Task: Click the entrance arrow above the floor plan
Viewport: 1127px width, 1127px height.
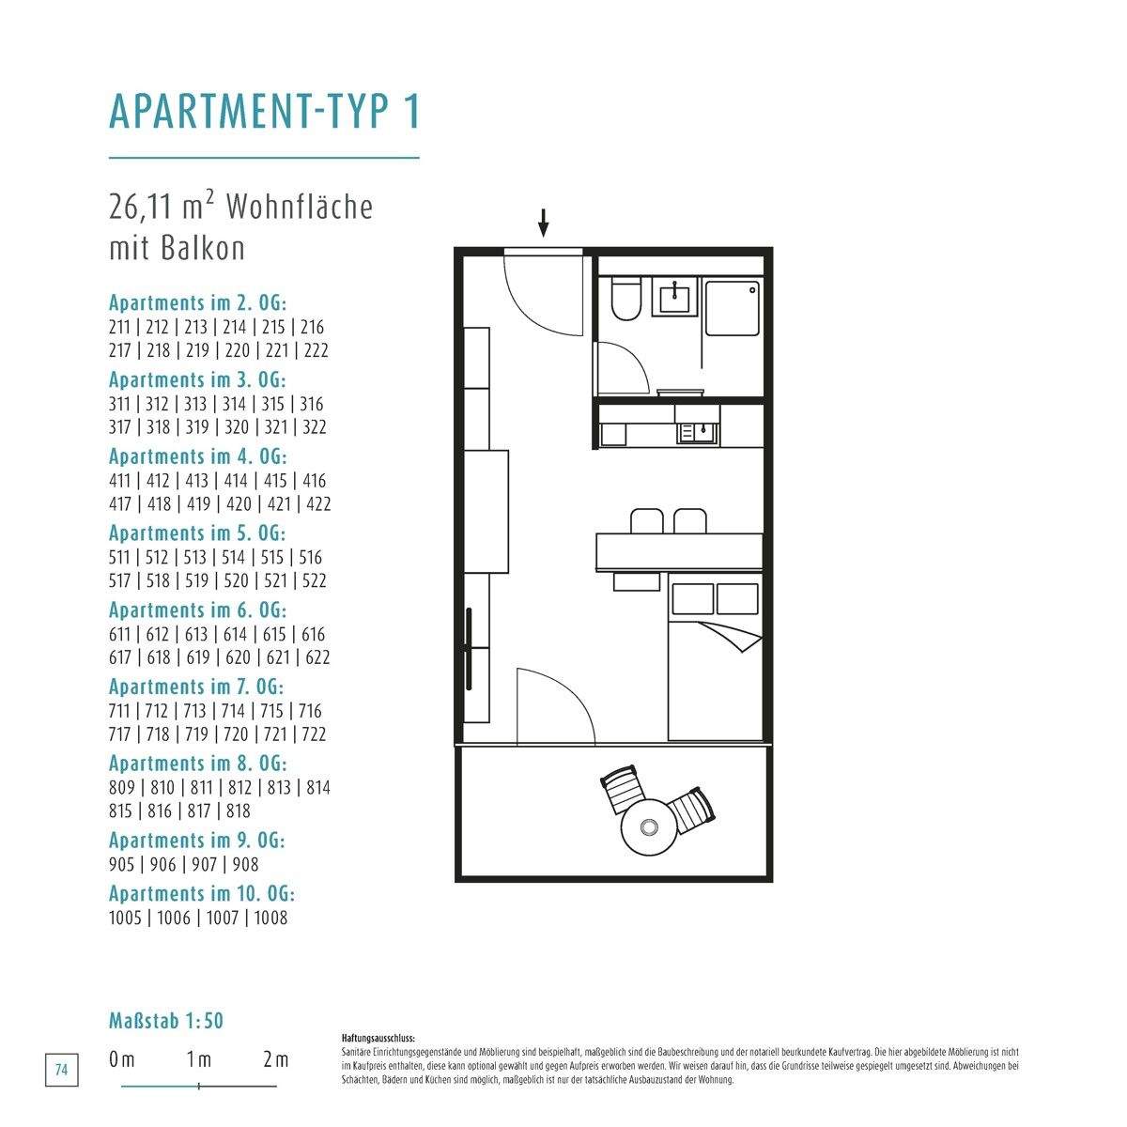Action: pyautogui.click(x=544, y=223)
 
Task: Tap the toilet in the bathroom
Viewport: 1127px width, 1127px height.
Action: pyautogui.click(x=625, y=299)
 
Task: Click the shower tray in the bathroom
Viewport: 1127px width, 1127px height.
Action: pyautogui.click(x=733, y=308)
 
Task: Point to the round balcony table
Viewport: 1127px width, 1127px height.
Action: pyautogui.click(x=649, y=826)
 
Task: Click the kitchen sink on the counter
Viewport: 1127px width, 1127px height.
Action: pyautogui.click(x=699, y=433)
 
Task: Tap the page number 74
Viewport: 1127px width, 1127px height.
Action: pyautogui.click(x=61, y=1070)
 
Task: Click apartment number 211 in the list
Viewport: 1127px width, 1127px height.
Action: pyautogui.click(x=119, y=327)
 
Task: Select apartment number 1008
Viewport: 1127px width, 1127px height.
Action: pyautogui.click(x=270, y=917)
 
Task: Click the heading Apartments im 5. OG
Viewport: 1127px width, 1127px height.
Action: pyautogui.click(x=197, y=533)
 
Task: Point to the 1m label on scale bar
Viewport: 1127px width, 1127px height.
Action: pyautogui.click(x=199, y=1058)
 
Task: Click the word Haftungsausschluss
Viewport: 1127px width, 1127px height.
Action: pyautogui.click(x=378, y=1038)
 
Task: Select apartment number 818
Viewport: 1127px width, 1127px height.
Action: pyautogui.click(x=238, y=811)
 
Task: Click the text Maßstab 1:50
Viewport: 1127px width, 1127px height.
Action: pyautogui.click(x=166, y=1021)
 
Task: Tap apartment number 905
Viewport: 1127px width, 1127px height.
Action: pyautogui.click(x=122, y=864)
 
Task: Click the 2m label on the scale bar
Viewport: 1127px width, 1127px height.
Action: pyautogui.click(x=276, y=1058)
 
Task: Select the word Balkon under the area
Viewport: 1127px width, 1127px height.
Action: pyautogui.click(x=201, y=249)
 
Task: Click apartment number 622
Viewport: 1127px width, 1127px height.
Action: pyautogui.click(x=317, y=657)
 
